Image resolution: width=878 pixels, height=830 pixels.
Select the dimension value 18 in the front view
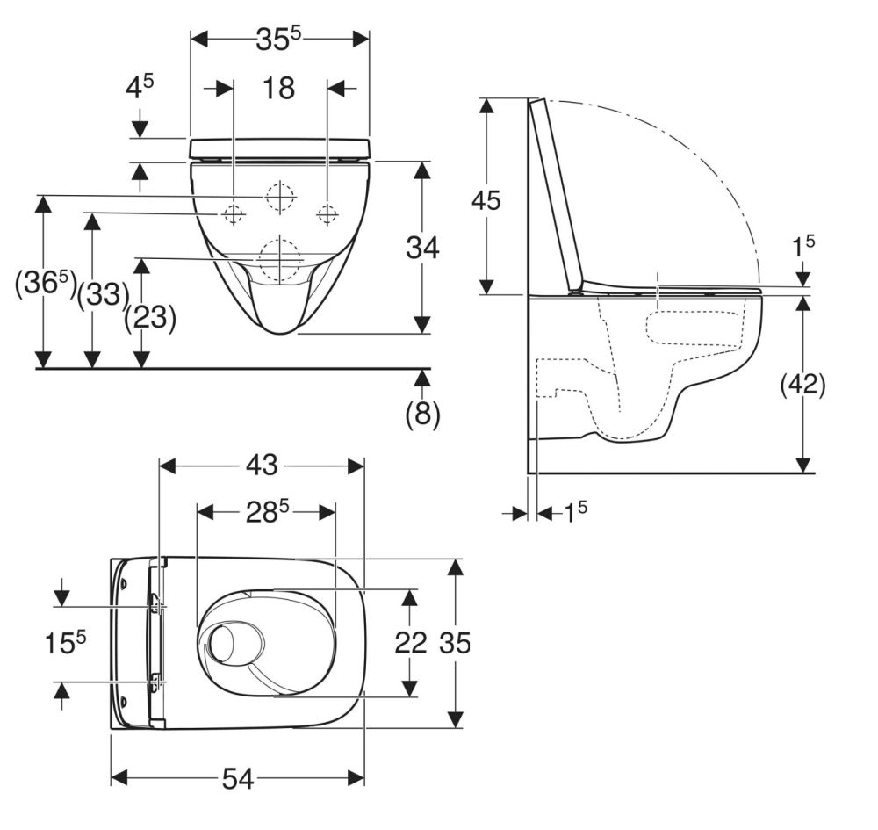pyautogui.click(x=278, y=89)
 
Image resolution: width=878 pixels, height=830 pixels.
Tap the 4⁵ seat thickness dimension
pyautogui.click(x=139, y=87)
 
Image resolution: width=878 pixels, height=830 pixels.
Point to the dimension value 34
pyautogui.click(x=423, y=248)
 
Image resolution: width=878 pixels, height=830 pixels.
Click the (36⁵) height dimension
pyautogui.click(x=46, y=283)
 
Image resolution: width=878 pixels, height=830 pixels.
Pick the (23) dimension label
pyautogui.click(x=150, y=318)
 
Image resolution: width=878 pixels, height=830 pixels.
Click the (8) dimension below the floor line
pyautogui.click(x=423, y=414)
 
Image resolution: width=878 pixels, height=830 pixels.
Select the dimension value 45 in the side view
pyautogui.click(x=486, y=200)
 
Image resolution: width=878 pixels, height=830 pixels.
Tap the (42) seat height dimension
pyautogui.click(x=803, y=385)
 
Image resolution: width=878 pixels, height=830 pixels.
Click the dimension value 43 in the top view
pyautogui.click(x=262, y=465)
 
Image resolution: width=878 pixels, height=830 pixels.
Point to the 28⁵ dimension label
pyautogui.click(x=268, y=511)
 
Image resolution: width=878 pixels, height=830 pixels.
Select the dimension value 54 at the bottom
pyautogui.click(x=239, y=778)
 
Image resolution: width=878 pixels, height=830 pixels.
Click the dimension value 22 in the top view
pyautogui.click(x=410, y=642)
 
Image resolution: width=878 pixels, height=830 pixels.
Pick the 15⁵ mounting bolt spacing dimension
pyautogui.click(x=66, y=642)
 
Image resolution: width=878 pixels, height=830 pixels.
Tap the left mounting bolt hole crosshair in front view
pyautogui.click(x=233, y=213)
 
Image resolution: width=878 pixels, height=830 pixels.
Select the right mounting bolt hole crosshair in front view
pyautogui.click(x=327, y=213)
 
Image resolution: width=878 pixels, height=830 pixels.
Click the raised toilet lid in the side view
pyautogui.click(x=558, y=194)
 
